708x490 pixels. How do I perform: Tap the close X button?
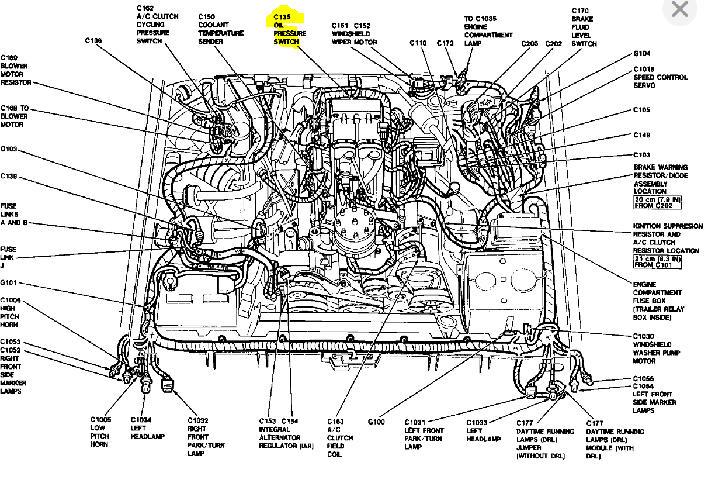[680, 10]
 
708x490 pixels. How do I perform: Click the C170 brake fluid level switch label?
[584, 27]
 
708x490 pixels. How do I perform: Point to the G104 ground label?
[642, 53]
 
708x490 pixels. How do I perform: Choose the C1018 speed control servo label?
[660, 77]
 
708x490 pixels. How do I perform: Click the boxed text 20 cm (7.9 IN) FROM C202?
[657, 203]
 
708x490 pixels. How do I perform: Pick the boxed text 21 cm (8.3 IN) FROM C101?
[657, 261]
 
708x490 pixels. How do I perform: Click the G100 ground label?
[376, 422]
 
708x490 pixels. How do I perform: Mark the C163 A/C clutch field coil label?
[340, 437]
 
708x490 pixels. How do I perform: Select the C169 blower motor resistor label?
[16, 70]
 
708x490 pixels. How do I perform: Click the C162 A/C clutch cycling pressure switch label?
[158, 25]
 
